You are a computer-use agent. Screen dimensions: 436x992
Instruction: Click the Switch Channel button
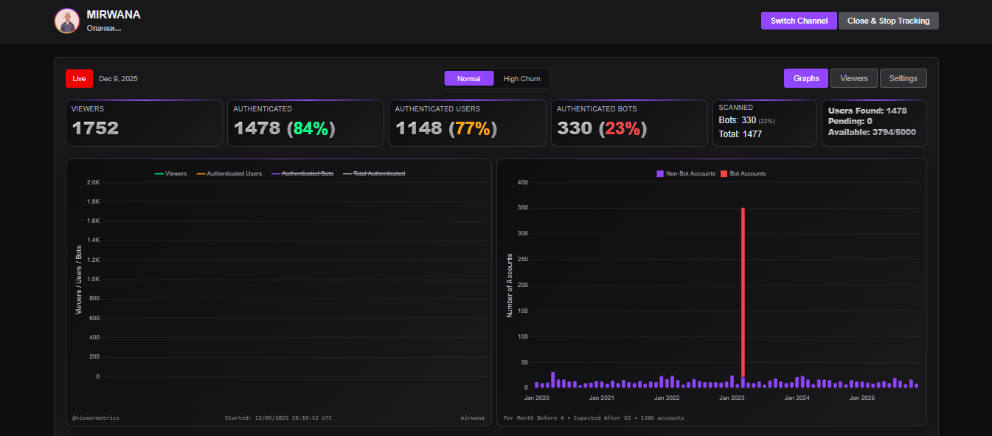[x=799, y=21]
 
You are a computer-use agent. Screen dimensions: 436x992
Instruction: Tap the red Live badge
[x=79, y=79]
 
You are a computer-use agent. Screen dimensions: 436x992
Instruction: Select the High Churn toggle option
[x=521, y=79]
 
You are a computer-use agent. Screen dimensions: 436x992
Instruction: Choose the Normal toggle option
[x=468, y=79]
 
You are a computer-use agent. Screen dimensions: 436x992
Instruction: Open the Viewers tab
[x=854, y=78]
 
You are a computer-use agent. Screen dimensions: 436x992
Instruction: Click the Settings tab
[x=903, y=78]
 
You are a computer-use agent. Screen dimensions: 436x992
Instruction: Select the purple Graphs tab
[x=806, y=78]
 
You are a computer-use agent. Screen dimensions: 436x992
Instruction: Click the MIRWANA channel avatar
[x=67, y=21]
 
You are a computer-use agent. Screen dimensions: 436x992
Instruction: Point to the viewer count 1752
[x=95, y=128]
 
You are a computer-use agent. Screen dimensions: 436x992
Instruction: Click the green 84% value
[x=311, y=128]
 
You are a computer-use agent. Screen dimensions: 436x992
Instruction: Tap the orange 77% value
[x=473, y=128]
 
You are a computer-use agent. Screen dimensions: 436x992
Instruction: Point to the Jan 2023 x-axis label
[x=732, y=398]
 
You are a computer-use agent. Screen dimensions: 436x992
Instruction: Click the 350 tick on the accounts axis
[x=523, y=208]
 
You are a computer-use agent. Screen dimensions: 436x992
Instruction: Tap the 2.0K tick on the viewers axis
[x=93, y=182]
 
